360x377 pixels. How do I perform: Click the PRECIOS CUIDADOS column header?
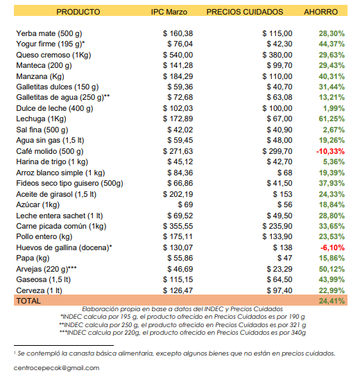(x=245, y=12)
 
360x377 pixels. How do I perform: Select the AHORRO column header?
(x=320, y=12)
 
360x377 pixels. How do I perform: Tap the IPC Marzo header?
(x=169, y=12)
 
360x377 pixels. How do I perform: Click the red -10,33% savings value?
(x=330, y=151)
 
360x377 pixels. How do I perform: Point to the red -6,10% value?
(x=332, y=247)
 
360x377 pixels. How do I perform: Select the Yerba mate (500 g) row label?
(x=49, y=33)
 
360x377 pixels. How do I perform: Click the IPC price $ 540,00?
(x=178, y=55)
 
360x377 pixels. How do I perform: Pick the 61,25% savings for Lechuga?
(x=332, y=119)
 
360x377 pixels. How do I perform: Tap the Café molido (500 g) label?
(x=50, y=152)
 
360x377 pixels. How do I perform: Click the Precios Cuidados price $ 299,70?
(x=277, y=151)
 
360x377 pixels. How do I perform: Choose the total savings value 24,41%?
(x=332, y=301)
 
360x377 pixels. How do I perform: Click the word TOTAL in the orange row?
(x=28, y=301)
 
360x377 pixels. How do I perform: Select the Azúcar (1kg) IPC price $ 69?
(x=185, y=204)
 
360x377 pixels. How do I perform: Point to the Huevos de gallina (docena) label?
(x=64, y=247)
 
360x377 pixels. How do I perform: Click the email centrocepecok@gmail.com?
(x=57, y=368)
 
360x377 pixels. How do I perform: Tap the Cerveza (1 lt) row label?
(x=39, y=290)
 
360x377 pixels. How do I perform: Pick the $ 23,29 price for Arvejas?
(x=280, y=269)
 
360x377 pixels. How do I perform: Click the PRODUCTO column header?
(x=78, y=12)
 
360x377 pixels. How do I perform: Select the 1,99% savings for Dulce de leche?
(x=334, y=108)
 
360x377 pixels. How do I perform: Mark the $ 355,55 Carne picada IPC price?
(x=178, y=226)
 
